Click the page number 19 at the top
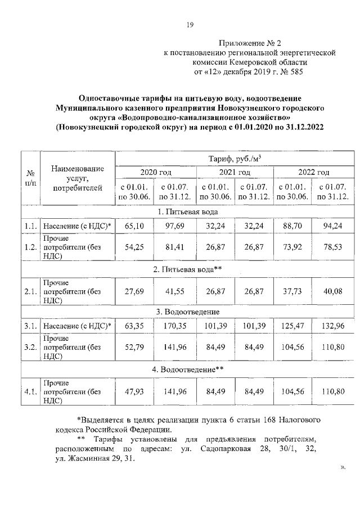(190, 24)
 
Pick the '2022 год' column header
(313, 172)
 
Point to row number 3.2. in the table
(30, 346)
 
